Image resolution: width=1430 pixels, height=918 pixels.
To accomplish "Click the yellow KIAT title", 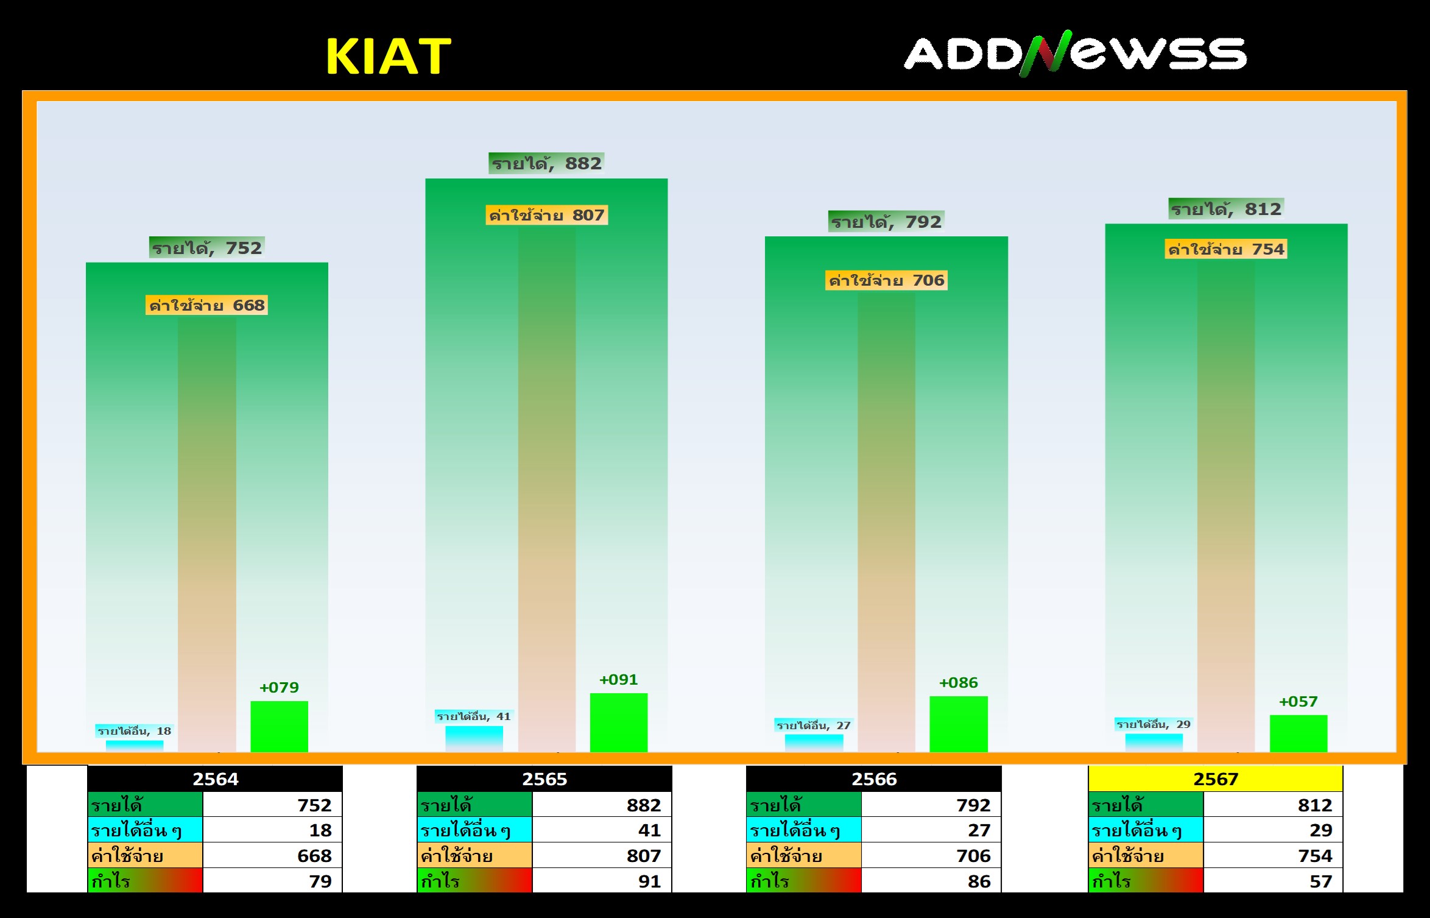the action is coord(389,56).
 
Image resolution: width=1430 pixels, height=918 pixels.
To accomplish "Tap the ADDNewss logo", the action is coord(1076,54).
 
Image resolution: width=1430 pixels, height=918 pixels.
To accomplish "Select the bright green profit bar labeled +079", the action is coord(280,726).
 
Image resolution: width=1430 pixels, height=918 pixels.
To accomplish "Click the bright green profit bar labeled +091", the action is coord(619,722).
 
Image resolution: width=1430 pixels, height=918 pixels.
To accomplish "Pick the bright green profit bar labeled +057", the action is coord(1298,733).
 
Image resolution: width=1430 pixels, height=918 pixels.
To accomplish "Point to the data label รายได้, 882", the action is coord(546,163).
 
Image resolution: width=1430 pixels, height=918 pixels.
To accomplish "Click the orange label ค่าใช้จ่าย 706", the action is coord(886,280).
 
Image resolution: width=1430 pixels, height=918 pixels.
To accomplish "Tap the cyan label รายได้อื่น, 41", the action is coord(474,716).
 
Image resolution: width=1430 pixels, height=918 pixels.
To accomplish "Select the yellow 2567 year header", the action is coord(1216,779).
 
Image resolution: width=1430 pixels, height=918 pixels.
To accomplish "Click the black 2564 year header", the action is coord(215,779).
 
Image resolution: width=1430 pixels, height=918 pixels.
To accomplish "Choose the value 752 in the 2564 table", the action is coord(314,805).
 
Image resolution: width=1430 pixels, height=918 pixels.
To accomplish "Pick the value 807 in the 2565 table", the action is coord(644,856).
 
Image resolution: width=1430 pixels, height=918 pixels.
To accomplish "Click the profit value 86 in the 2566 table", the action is coord(979,881).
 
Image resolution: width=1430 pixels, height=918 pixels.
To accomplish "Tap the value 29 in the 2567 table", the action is coord(1321,830).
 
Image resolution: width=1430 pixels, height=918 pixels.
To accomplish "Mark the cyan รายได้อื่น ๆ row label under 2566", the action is coord(804,830).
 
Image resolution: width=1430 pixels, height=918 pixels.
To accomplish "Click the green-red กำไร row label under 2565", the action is coord(474,881).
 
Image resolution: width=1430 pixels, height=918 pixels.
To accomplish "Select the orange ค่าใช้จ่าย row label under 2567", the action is coord(1146,855).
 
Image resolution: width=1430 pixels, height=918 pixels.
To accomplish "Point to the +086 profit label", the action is coord(959,683).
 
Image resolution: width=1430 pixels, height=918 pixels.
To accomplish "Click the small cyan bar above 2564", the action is coord(135,746).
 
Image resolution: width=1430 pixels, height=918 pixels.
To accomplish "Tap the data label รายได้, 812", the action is coord(1227,209).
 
